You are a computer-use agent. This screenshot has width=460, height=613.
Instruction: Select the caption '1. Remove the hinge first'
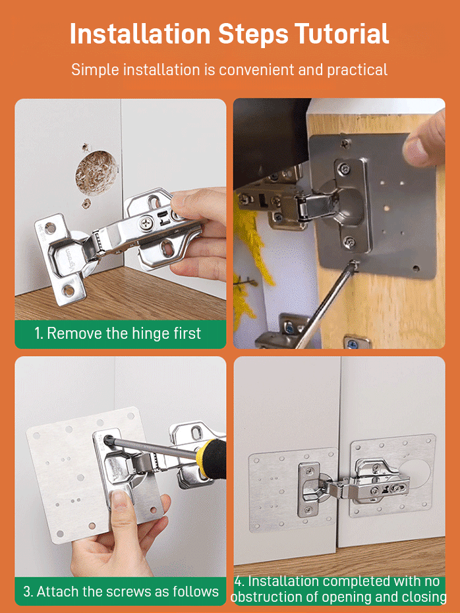click(118, 334)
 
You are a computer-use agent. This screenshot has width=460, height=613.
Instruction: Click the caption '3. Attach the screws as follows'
click(121, 591)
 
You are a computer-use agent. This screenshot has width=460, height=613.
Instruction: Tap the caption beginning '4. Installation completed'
click(339, 589)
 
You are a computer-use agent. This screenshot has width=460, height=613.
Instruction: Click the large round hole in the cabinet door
click(96, 173)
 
